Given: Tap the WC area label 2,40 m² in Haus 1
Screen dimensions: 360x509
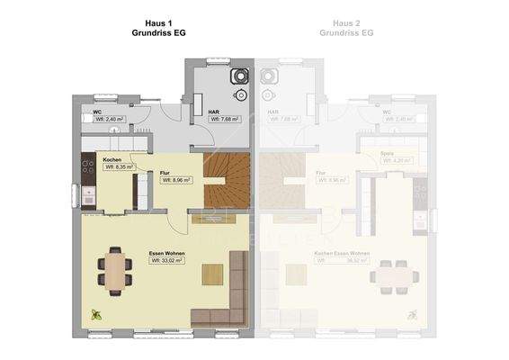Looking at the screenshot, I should coord(114,119).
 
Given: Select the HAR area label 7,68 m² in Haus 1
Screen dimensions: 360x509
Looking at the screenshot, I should coord(223,119).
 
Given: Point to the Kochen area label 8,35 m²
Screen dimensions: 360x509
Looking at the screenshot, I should coord(119,166).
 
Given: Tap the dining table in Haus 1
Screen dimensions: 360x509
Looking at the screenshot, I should coord(114,270).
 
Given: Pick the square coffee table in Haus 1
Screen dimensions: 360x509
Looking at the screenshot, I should coord(213,274).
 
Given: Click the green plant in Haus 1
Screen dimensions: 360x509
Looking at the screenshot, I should coord(96,314).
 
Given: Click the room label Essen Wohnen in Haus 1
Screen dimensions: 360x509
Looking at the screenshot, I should coord(166,253).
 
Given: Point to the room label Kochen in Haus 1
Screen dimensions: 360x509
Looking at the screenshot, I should coord(112,159).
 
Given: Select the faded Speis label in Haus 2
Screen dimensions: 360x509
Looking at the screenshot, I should coord(387,154).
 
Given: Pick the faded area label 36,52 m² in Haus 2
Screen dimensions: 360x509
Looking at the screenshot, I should coord(343,261).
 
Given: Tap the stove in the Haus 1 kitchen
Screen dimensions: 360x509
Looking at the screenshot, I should coord(88,166).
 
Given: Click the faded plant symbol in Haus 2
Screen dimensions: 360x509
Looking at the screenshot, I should coord(412,315).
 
